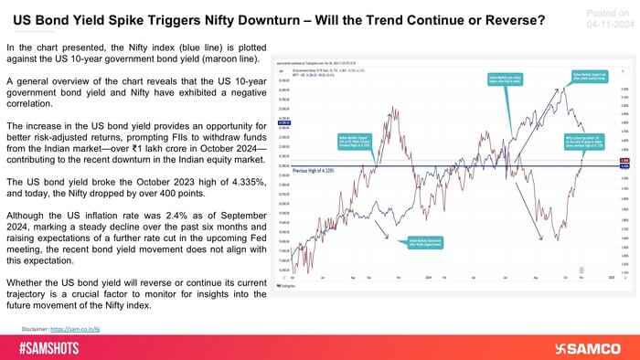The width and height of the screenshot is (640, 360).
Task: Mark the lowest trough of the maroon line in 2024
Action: [x=557, y=240]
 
